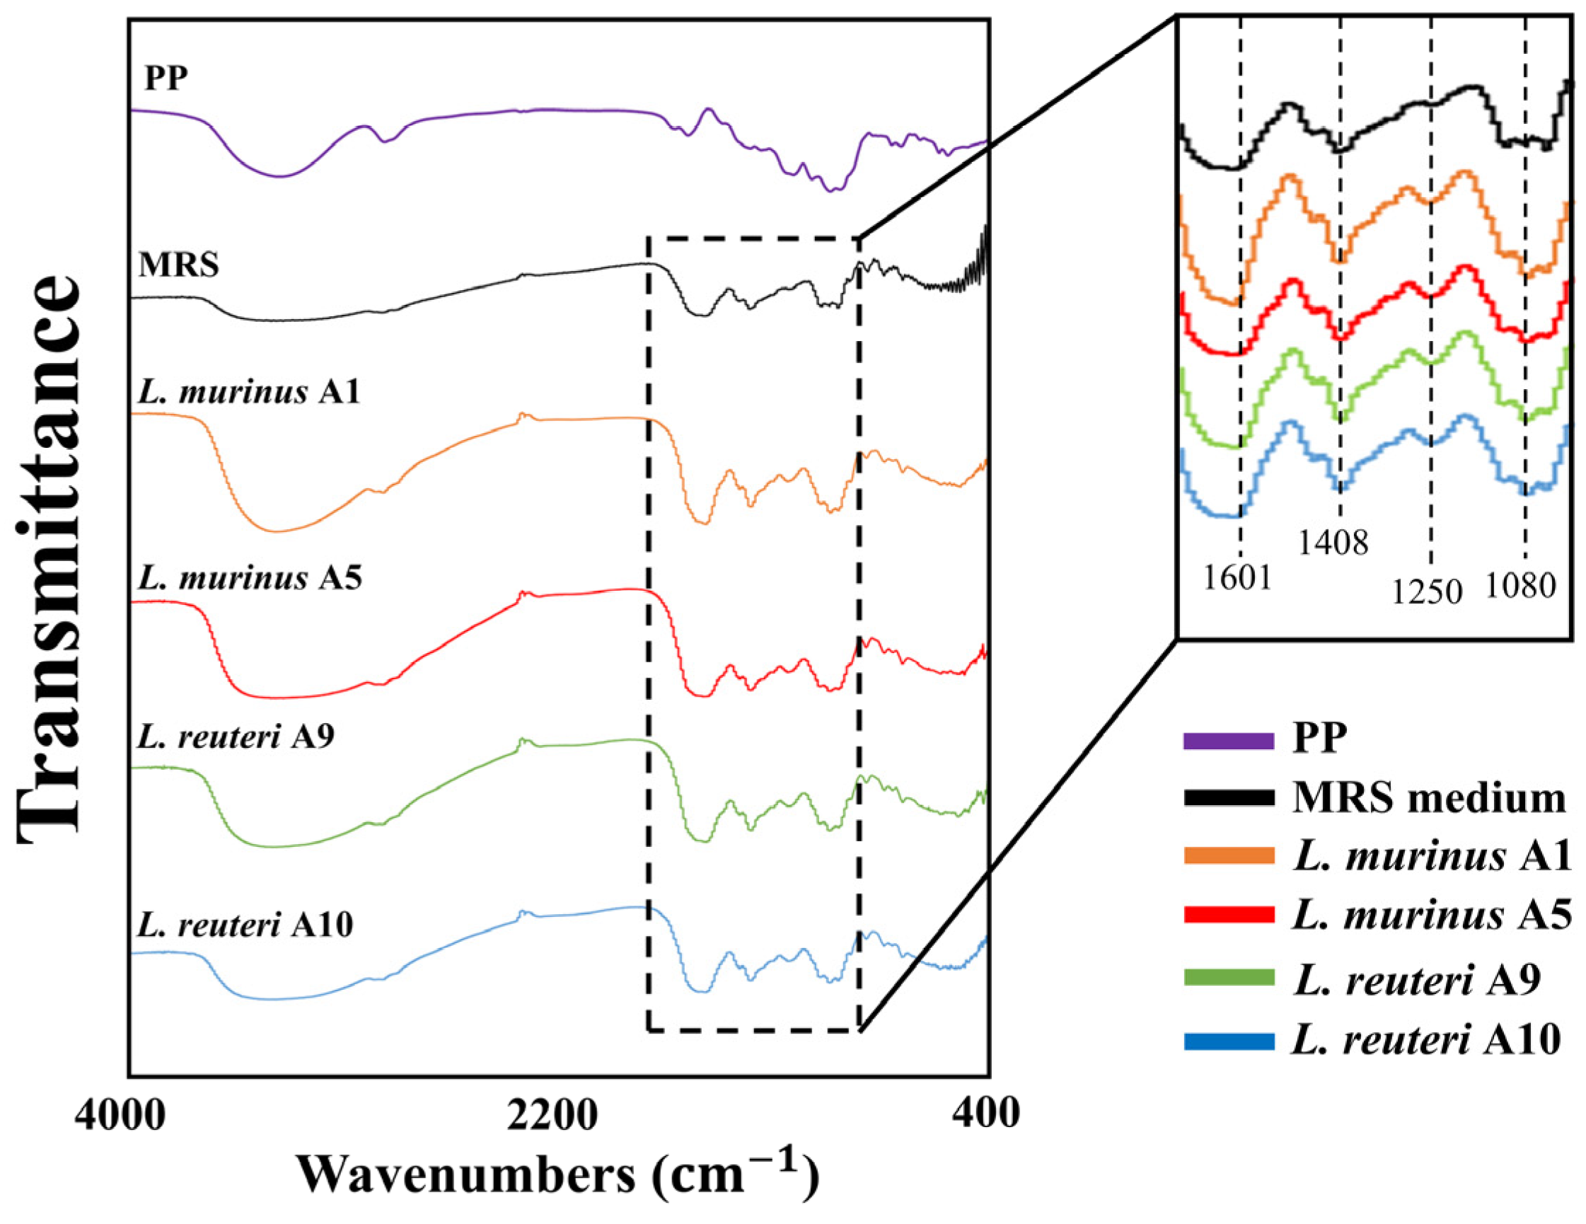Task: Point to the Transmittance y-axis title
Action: [48, 558]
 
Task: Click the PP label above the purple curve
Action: [166, 78]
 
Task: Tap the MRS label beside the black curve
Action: [179, 265]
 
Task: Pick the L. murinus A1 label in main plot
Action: [248, 392]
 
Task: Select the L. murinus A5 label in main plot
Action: [249, 578]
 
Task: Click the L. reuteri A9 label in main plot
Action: [236, 737]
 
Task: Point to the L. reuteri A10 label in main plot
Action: [245, 925]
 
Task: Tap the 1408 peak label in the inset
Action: [1333, 543]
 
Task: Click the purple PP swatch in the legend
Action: [1229, 741]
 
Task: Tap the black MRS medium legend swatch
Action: [1229, 798]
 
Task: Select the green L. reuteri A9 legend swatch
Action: [1229, 978]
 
